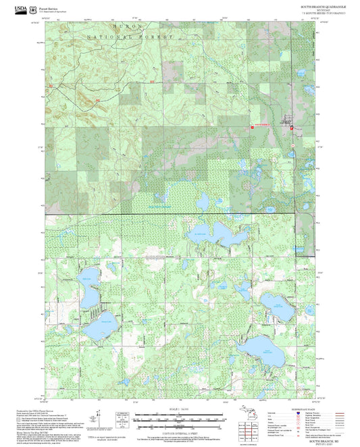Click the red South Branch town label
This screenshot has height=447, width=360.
coord(261,126)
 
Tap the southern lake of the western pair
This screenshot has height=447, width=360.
coord(100,324)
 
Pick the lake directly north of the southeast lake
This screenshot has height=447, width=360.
coord(276,307)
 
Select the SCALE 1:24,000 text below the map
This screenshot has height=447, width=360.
coord(180,410)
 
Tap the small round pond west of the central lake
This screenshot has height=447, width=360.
coord(201,201)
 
